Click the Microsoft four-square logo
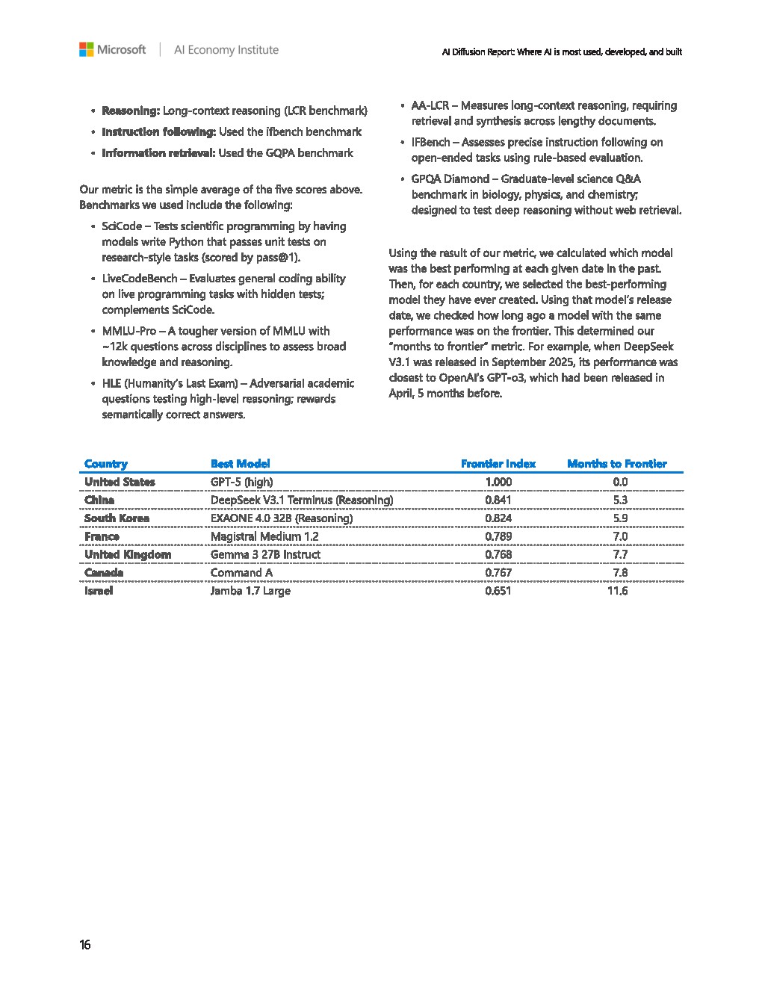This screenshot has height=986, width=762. click(87, 50)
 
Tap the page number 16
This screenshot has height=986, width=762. click(85, 945)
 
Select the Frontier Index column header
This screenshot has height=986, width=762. click(498, 464)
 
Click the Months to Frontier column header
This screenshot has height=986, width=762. click(616, 464)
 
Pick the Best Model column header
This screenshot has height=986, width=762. click(240, 464)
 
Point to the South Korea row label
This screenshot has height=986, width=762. click(117, 518)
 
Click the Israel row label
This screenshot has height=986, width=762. click(99, 591)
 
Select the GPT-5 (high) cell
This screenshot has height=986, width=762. click(241, 482)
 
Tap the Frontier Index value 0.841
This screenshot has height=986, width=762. click(498, 500)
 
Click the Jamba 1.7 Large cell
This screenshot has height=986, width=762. click(250, 591)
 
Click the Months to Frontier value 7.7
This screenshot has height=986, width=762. click(620, 555)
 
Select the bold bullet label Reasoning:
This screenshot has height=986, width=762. click(131, 111)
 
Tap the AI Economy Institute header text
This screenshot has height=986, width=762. click(226, 50)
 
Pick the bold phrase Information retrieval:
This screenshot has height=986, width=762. click(158, 153)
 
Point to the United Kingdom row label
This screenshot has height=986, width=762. click(128, 555)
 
